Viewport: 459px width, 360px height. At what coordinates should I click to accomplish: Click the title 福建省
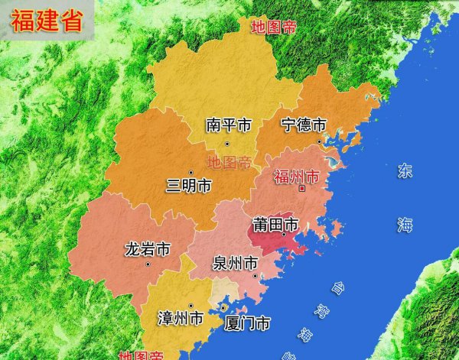tap(47, 21)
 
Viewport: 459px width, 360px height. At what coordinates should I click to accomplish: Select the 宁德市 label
tap(304, 125)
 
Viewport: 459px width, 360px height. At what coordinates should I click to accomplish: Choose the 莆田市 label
tap(275, 225)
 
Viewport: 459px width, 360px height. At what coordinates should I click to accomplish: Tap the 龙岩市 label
tap(148, 249)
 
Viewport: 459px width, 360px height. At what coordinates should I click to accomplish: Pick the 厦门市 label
tap(247, 323)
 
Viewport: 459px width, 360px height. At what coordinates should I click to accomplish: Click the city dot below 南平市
tap(226, 144)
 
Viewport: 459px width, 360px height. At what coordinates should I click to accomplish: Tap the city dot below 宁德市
tap(319, 142)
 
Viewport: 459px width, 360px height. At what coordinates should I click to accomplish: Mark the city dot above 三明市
tap(191, 172)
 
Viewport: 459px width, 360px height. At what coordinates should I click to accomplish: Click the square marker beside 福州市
tap(304, 188)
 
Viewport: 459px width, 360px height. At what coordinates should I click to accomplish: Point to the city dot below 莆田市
tap(283, 236)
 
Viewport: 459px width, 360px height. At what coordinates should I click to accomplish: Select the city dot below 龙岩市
tap(148, 264)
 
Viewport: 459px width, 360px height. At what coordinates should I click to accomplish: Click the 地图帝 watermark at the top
tap(274, 28)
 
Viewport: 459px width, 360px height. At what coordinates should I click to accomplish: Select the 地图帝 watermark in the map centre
tap(229, 163)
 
